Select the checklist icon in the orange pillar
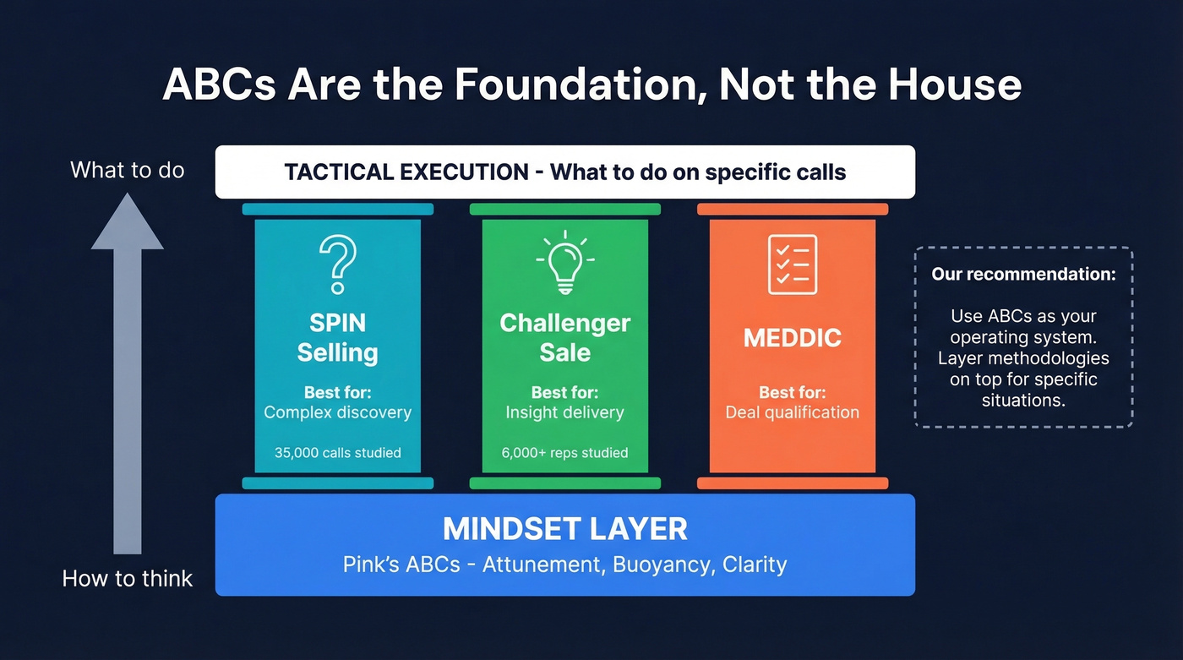tap(792, 265)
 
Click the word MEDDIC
tap(792, 338)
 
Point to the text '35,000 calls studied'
tap(337, 453)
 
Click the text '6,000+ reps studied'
tap(564, 453)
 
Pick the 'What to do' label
tap(127, 170)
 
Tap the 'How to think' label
tap(128, 579)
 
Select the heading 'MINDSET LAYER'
tap(564, 529)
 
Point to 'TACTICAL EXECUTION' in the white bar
tap(406, 172)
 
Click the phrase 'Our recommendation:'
tap(1023, 275)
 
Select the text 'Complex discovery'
tap(337, 412)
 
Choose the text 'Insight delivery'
tap(564, 412)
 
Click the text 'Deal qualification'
tap(792, 412)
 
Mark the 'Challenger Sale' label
tap(564, 337)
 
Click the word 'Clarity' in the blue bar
tap(754, 565)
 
